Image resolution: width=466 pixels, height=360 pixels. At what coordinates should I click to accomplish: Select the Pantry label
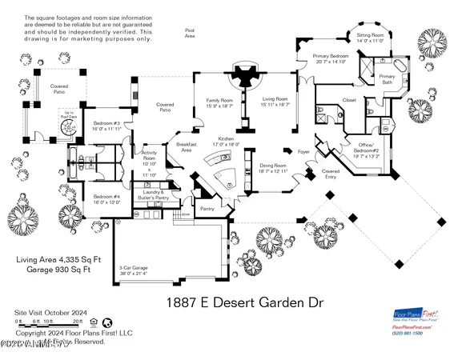208,208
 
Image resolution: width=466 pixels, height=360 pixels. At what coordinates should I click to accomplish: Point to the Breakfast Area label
187,146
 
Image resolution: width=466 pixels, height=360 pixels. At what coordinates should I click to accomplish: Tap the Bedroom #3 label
106,126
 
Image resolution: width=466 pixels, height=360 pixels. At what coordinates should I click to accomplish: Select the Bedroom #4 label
106,199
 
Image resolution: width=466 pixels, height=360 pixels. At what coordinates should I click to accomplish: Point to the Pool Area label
190,33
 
